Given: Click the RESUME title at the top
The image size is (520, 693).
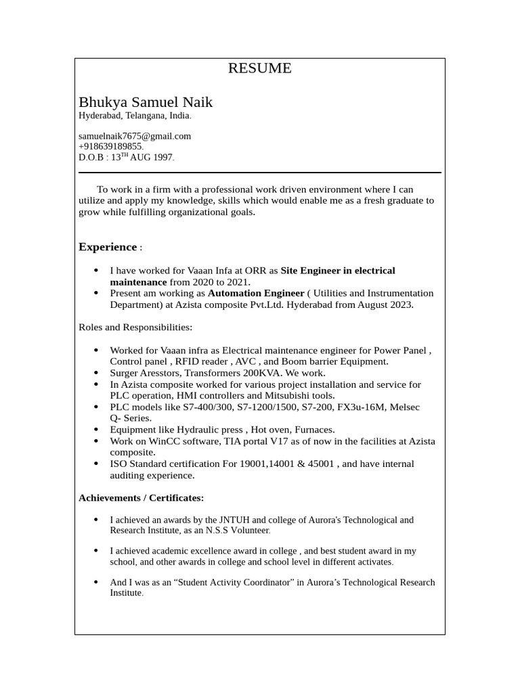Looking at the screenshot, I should point(259,68).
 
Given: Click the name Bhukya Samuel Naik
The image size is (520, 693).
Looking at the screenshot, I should point(146,102).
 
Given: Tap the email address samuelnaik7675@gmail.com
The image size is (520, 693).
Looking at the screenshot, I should point(135,136).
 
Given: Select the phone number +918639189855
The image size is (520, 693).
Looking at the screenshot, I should point(110,146).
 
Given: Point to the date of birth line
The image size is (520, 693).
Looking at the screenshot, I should point(126,157).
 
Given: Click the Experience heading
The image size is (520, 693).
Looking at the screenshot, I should point(108,247).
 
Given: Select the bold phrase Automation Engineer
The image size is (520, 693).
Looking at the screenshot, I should point(255,293).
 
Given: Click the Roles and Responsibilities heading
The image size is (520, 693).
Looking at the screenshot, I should point(135,328).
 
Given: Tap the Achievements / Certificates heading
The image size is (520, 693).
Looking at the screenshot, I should point(141,498).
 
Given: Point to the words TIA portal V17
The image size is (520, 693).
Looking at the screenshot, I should point(240,441).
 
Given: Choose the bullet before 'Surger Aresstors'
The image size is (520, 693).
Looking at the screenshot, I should point(95,373).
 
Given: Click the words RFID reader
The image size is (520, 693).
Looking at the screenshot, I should point(200,361).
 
